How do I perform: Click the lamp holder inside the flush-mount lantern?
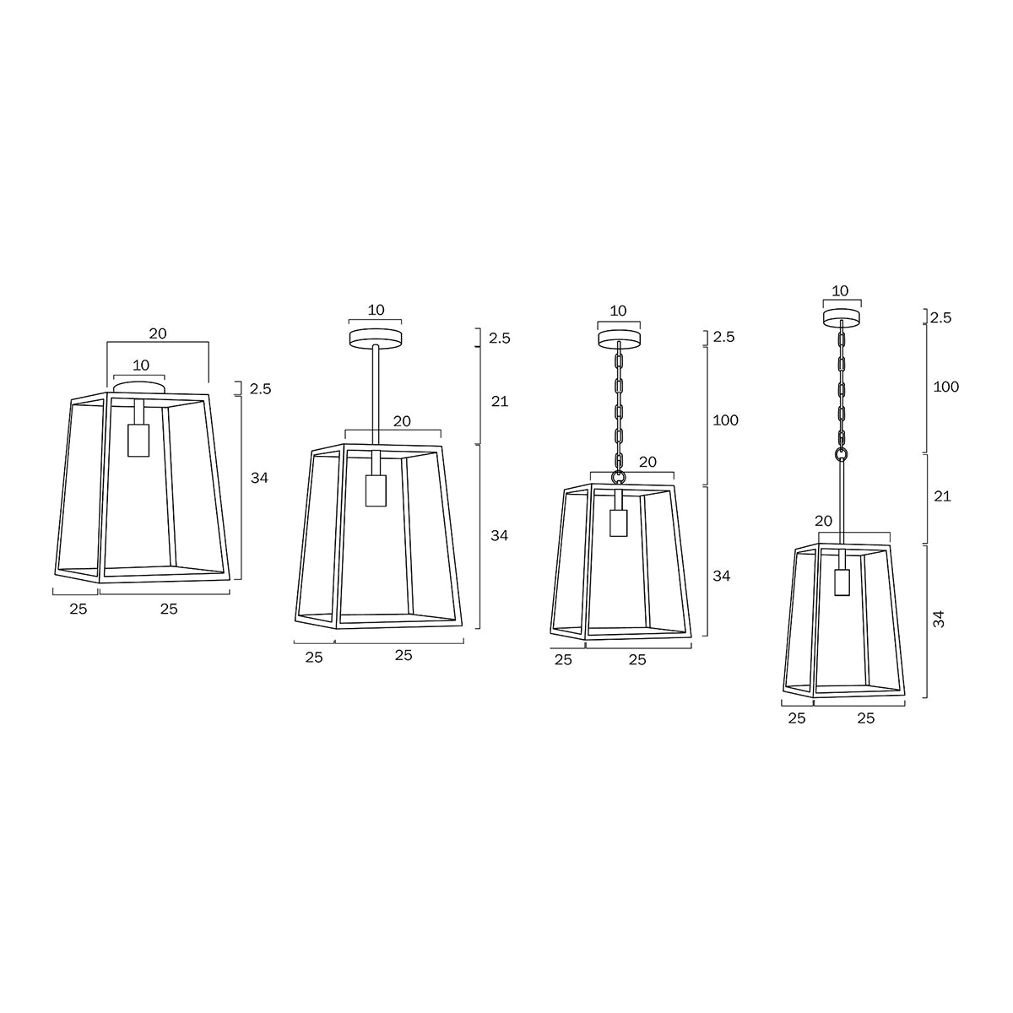tap(138, 439)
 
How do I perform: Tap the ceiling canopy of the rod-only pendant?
tap(376, 338)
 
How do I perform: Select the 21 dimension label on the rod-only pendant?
tap(500, 401)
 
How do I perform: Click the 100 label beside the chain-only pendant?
tap(725, 420)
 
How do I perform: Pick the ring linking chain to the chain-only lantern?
tap(619, 477)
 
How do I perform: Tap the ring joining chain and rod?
tap(841, 454)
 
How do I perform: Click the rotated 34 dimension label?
tap(939, 619)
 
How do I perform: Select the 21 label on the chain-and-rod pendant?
tap(942, 496)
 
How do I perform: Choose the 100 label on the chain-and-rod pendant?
tap(945, 387)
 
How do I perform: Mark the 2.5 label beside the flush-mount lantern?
tap(260, 389)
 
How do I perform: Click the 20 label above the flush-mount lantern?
tap(158, 333)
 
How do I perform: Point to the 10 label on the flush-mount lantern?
tap(140, 365)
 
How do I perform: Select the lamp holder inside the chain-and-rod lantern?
tap(841, 582)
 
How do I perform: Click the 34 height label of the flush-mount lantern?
tap(259, 478)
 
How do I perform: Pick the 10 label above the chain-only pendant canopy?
tap(618, 311)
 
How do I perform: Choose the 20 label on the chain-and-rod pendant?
tap(824, 522)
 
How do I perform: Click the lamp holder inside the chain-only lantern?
tap(619, 523)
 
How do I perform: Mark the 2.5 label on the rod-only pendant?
tap(500, 339)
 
